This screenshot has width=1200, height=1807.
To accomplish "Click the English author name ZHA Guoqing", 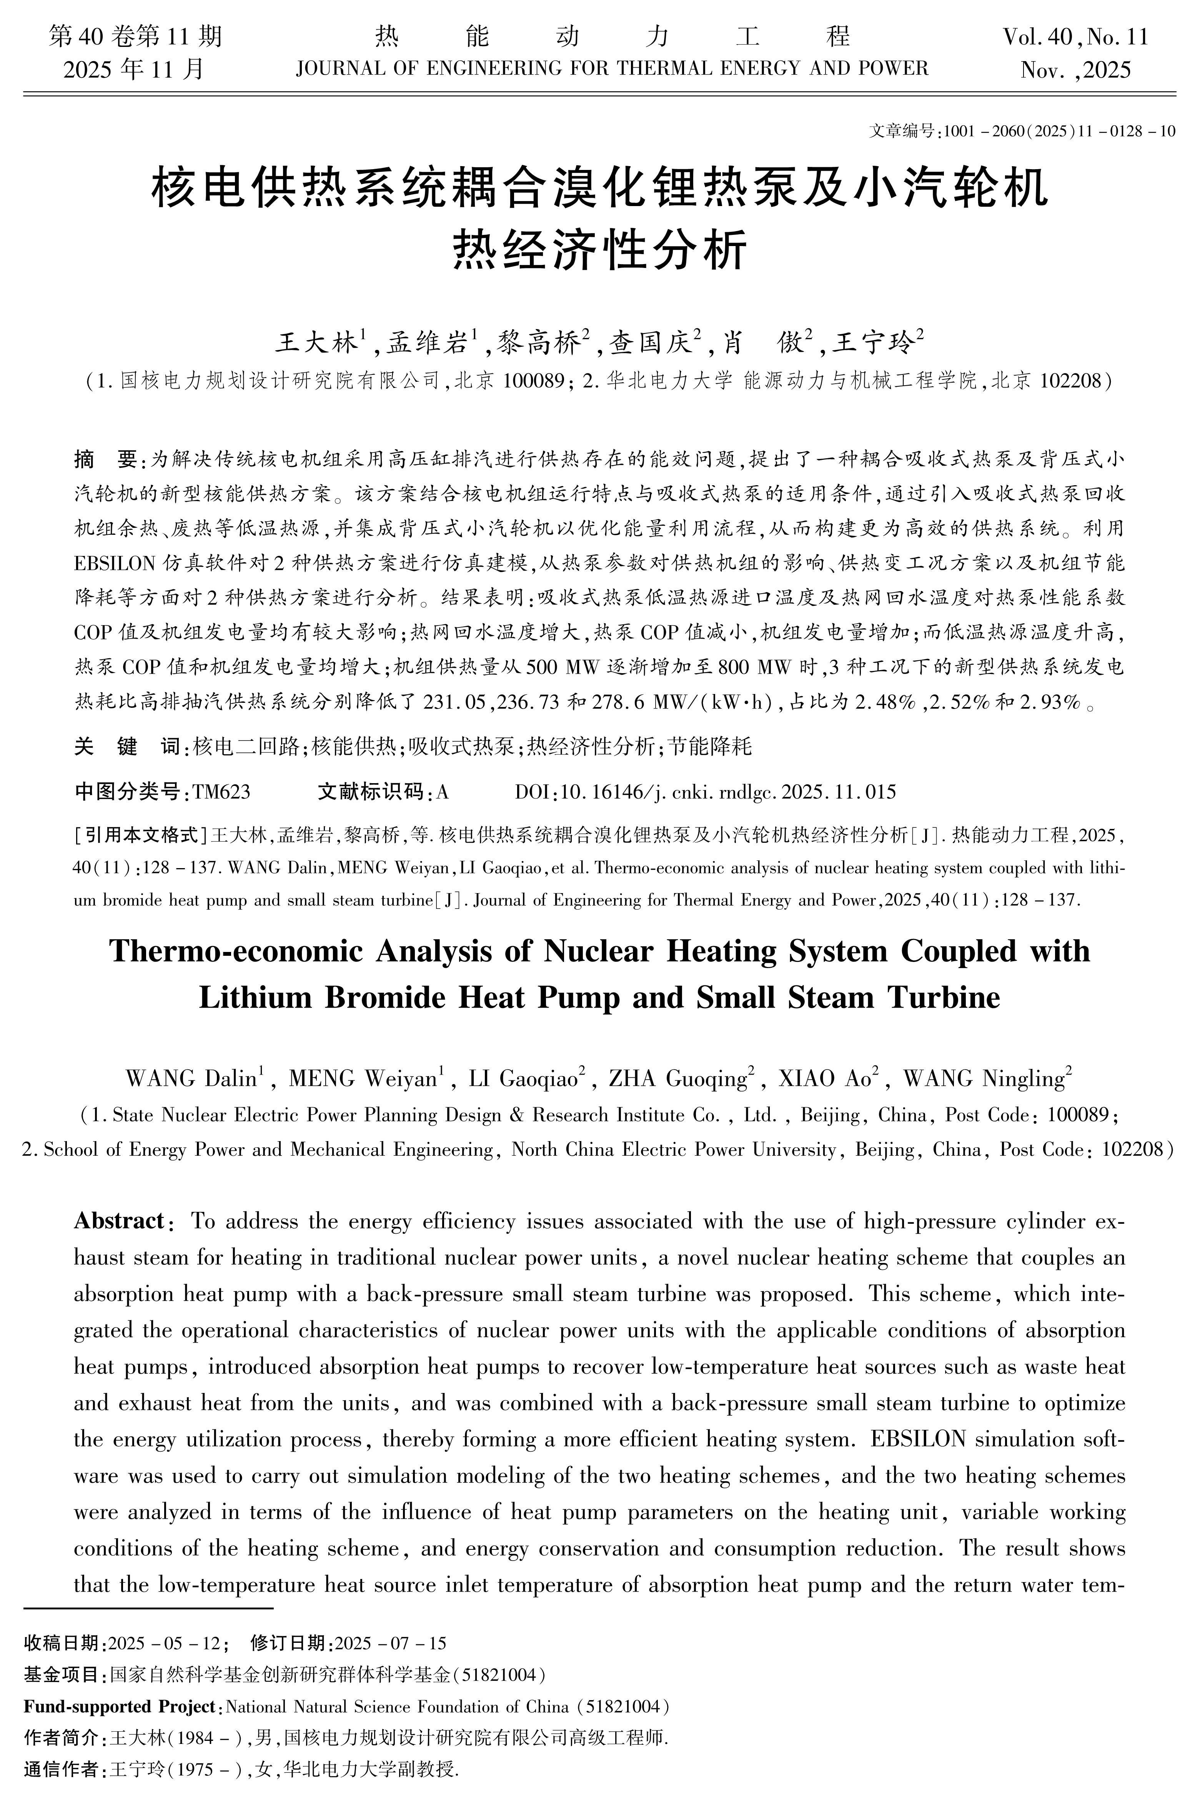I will [x=677, y=1079].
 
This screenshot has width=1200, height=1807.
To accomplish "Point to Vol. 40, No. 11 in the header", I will [x=1075, y=37].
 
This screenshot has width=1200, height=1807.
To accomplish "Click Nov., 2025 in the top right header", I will [x=1075, y=70].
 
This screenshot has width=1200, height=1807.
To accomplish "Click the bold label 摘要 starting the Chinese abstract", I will [x=106, y=460].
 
